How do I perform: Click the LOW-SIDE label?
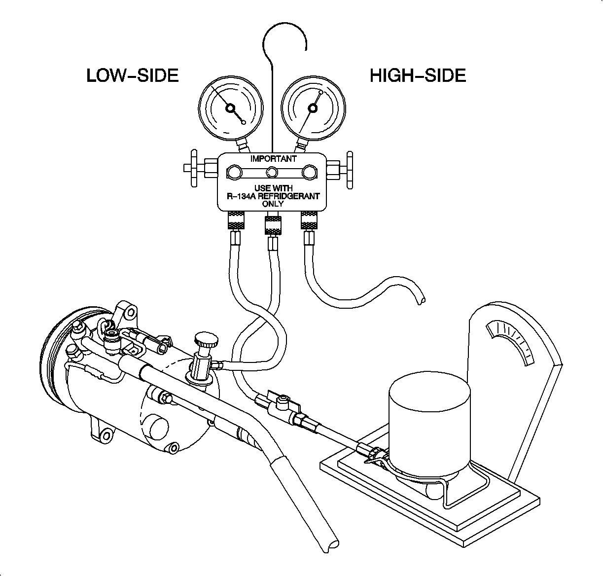click(132, 75)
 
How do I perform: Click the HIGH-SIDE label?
click(418, 75)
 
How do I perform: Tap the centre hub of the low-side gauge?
click(230, 108)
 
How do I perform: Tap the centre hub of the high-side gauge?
click(313, 108)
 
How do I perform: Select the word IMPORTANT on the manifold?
click(273, 159)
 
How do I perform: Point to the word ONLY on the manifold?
click(273, 203)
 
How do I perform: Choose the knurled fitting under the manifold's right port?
click(309, 220)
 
